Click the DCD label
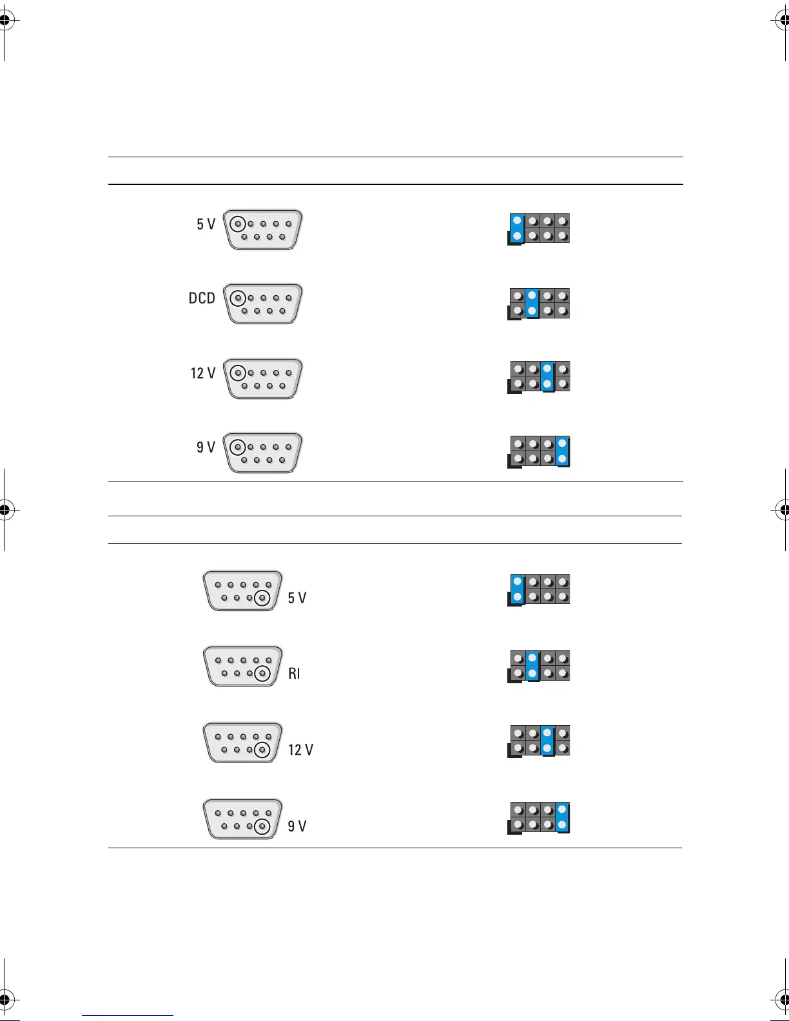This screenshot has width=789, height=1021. pyautogui.click(x=202, y=298)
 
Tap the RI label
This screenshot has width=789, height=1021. pyautogui.click(x=294, y=674)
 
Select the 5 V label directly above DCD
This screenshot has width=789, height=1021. pyautogui.click(x=206, y=224)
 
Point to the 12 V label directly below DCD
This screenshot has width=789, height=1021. pyautogui.click(x=202, y=373)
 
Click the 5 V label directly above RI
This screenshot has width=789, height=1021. pyautogui.click(x=297, y=598)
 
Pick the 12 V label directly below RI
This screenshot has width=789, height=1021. pyautogui.click(x=300, y=750)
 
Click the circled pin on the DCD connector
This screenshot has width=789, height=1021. pyautogui.click(x=239, y=298)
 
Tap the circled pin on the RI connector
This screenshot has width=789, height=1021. pyautogui.click(x=262, y=674)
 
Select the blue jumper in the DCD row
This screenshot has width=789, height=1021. pyautogui.click(x=532, y=304)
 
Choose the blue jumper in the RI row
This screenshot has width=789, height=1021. pyautogui.click(x=532, y=666)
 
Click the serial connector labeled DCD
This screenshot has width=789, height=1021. pyautogui.click(x=263, y=304)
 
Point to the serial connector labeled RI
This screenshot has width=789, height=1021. pyautogui.click(x=243, y=666)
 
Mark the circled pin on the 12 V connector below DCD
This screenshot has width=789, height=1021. pyautogui.click(x=239, y=373)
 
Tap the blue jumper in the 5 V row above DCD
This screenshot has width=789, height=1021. pyautogui.click(x=517, y=229)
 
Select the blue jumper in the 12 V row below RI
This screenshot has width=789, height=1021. pyautogui.click(x=547, y=741)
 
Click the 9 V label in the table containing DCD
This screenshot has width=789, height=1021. pyautogui.click(x=206, y=447)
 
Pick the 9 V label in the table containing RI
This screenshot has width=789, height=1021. pyautogui.click(x=297, y=826)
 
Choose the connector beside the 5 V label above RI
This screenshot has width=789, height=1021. pyautogui.click(x=243, y=590)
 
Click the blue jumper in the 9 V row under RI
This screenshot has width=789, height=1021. pyautogui.click(x=562, y=817)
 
